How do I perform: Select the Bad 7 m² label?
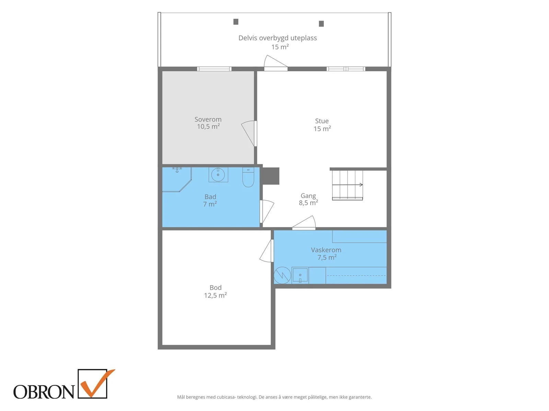tap(210, 200)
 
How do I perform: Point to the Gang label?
tap(308, 196)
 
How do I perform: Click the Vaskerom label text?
tap(326, 250)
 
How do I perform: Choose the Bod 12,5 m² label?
tap(215, 291)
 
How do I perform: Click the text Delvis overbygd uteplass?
tap(277, 38)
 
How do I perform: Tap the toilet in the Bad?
tap(248, 177)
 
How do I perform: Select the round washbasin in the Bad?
tap(218, 175)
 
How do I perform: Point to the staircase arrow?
tap(347, 185)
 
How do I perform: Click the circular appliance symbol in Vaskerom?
tap(282, 275)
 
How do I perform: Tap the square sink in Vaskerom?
tap(300, 275)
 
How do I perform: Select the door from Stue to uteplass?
tap(276, 63)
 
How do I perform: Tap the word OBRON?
tap(44, 392)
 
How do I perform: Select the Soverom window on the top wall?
tap(214, 69)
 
